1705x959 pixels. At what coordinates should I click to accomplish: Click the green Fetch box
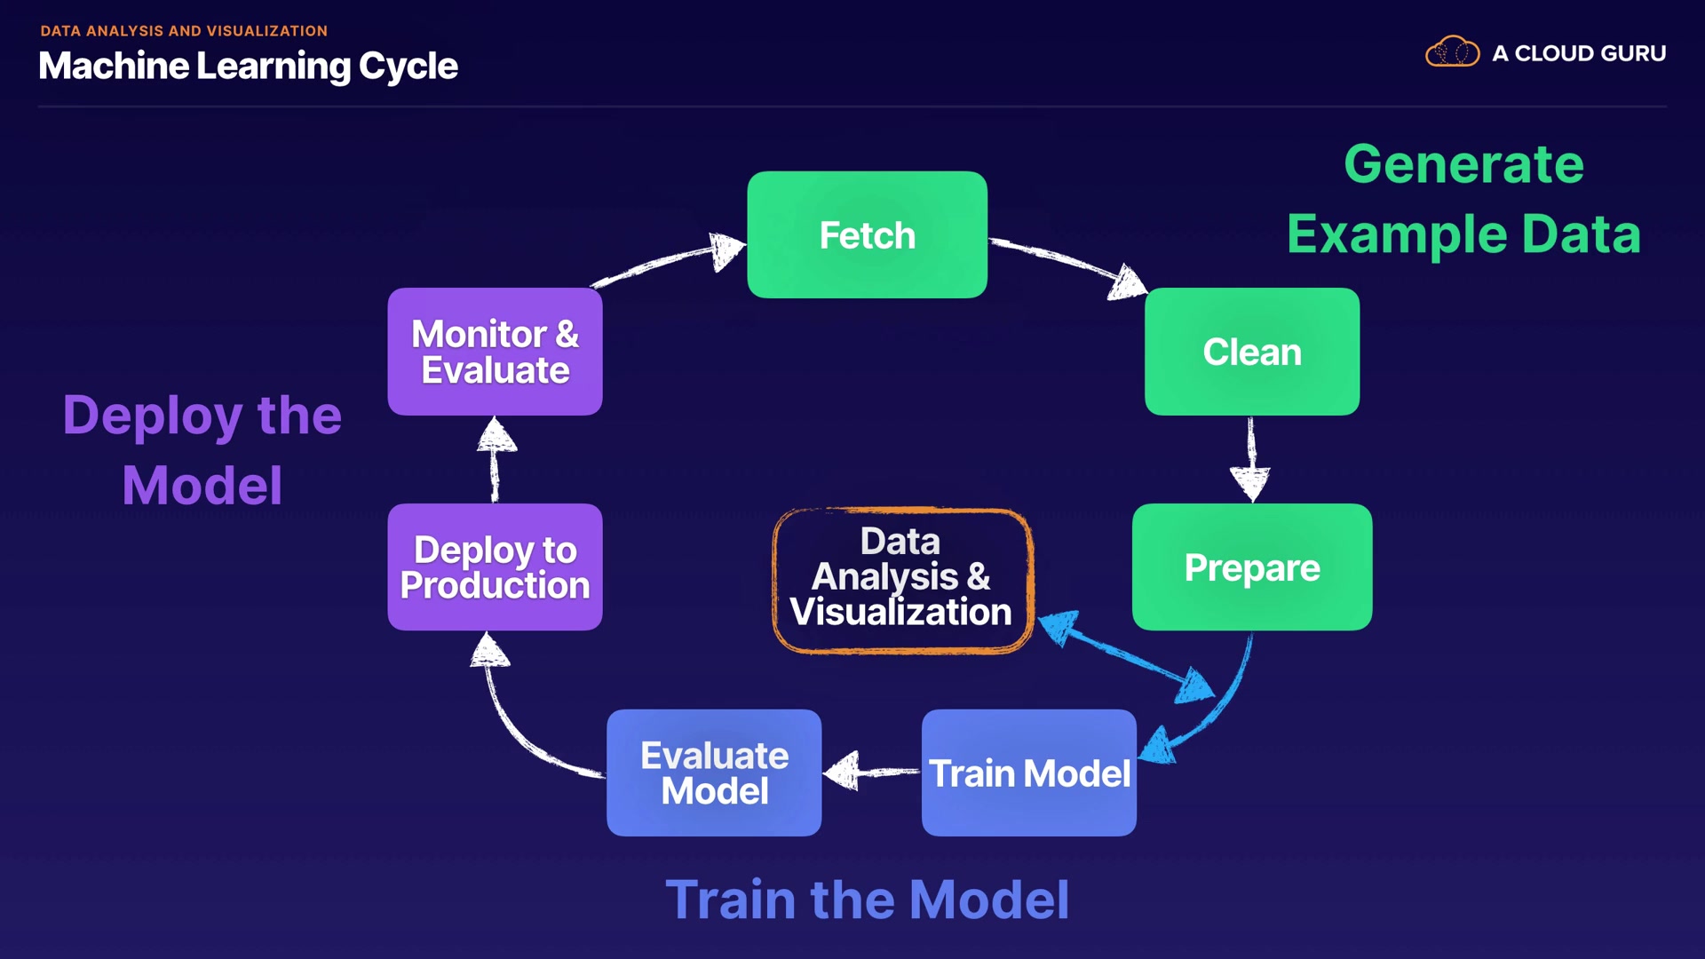tap(867, 234)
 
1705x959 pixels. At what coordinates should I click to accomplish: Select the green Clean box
tap(1251, 352)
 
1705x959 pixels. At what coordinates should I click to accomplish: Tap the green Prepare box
tap(1251, 567)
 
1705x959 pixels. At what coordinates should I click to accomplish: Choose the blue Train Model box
tap(1028, 773)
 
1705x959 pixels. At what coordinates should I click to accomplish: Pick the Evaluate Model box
tap(714, 773)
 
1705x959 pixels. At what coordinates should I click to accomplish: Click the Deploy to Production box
tap(495, 567)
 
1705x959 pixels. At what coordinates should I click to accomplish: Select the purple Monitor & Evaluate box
tap(495, 352)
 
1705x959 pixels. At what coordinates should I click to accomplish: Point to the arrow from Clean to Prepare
tap(1251, 458)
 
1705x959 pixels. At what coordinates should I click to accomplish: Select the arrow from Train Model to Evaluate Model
tap(870, 772)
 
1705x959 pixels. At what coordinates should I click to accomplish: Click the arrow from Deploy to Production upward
tap(496, 458)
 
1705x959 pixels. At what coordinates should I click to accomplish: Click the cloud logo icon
tap(1452, 52)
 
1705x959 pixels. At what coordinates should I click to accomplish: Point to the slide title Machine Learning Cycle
tap(248, 66)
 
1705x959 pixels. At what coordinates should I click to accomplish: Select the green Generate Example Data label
tap(1463, 199)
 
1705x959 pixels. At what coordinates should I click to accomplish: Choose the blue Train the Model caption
tap(867, 900)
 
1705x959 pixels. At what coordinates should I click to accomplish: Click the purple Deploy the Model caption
tap(202, 450)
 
